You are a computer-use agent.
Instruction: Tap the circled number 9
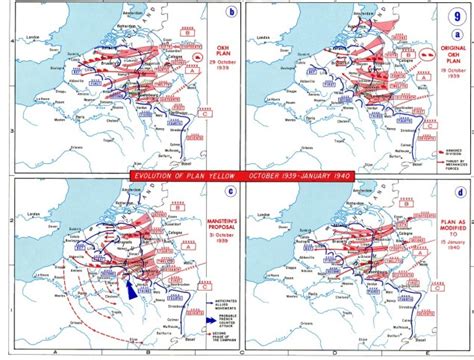[x=458, y=14]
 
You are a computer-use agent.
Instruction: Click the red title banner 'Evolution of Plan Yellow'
[x=236, y=175]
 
